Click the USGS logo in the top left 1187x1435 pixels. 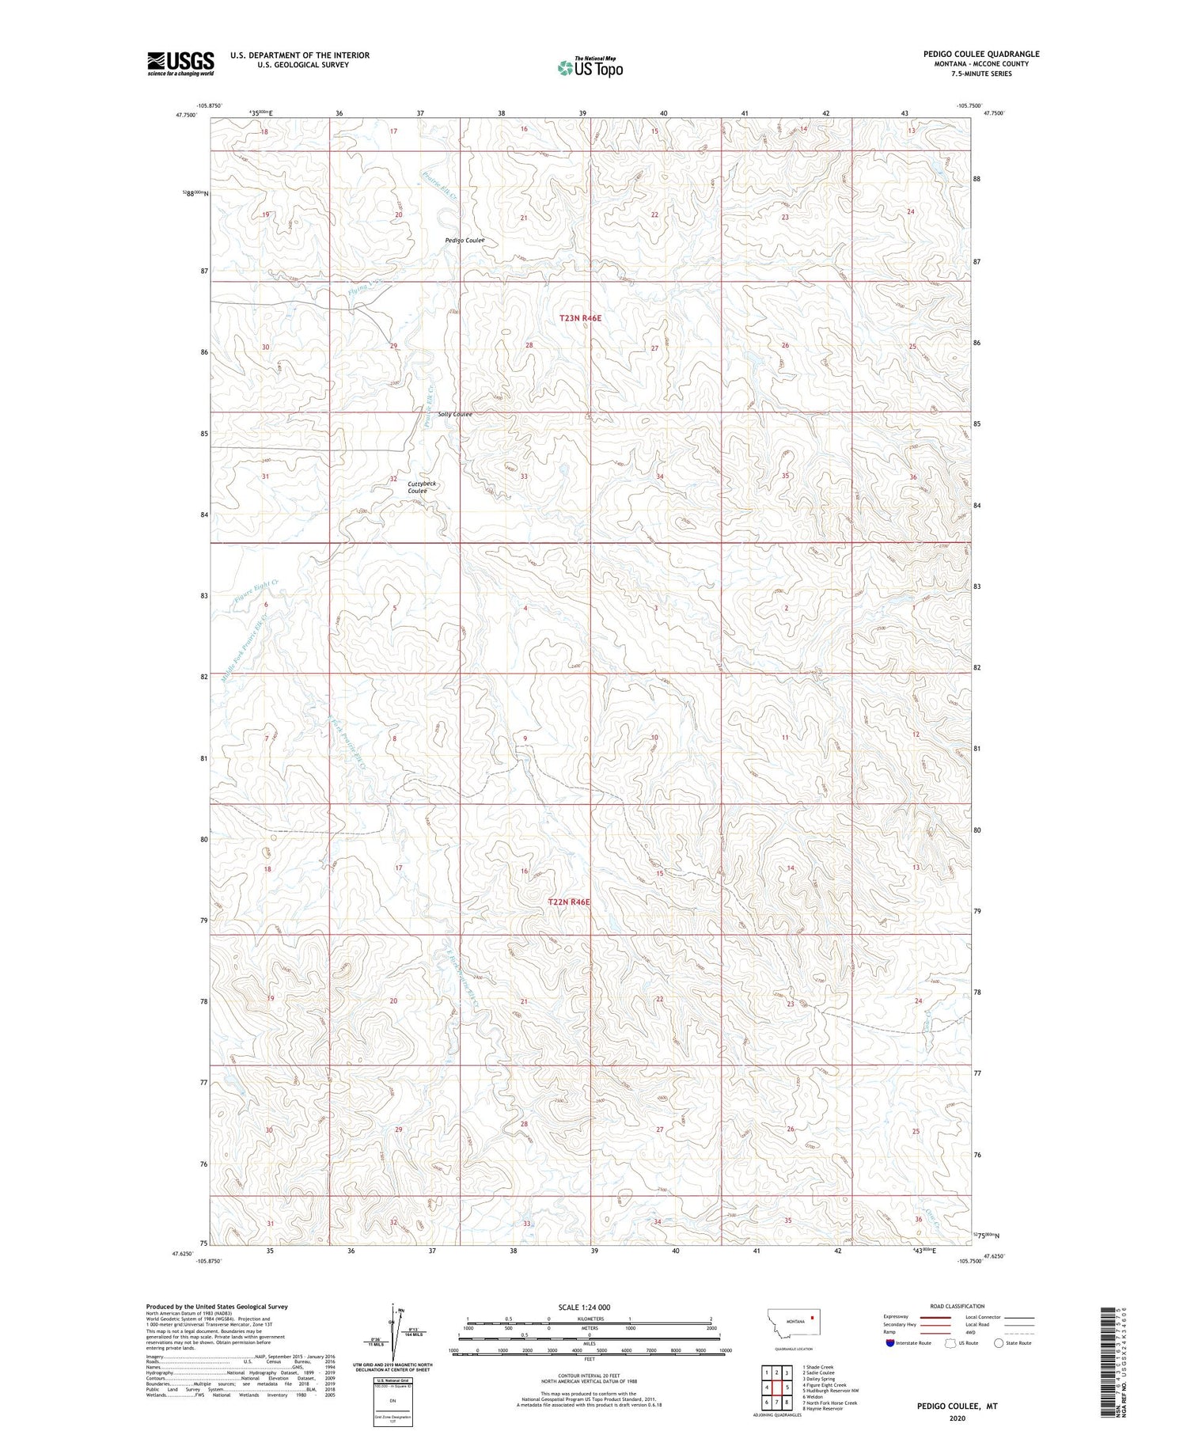click(180, 63)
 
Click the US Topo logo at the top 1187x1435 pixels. click(590, 68)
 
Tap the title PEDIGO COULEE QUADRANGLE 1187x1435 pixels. click(980, 54)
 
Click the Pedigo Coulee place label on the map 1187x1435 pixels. click(465, 241)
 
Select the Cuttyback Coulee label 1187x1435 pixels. click(421, 487)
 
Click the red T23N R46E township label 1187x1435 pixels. click(580, 318)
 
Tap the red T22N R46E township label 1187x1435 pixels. click(569, 902)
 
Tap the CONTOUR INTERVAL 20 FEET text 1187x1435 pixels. click(590, 1376)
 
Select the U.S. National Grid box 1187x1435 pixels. click(393, 1398)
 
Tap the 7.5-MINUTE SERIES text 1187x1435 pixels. click(980, 74)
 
